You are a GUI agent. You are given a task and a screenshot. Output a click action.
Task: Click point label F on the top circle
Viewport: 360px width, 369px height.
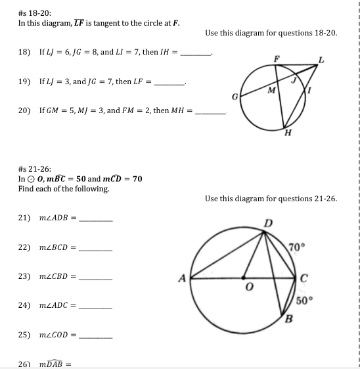(x=277, y=58)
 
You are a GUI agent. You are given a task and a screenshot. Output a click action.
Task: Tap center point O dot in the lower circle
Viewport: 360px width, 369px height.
(x=245, y=278)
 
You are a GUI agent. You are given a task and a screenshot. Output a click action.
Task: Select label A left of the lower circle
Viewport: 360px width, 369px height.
(x=182, y=277)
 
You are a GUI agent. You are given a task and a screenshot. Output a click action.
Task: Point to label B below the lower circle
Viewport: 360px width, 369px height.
(x=287, y=320)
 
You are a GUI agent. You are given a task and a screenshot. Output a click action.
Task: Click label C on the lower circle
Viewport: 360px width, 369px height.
(x=304, y=276)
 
